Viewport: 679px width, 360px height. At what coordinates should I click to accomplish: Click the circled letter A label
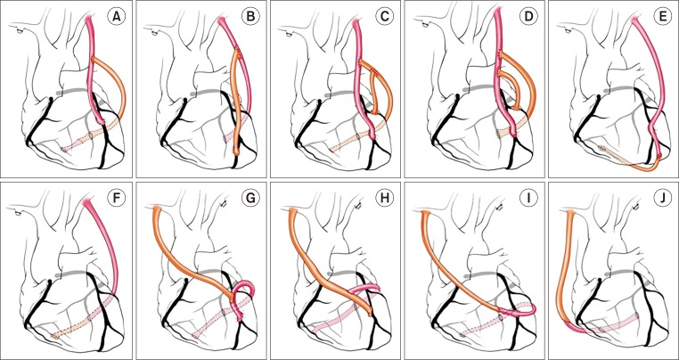point(115,18)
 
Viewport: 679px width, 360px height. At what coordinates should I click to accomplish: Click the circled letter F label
point(115,197)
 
